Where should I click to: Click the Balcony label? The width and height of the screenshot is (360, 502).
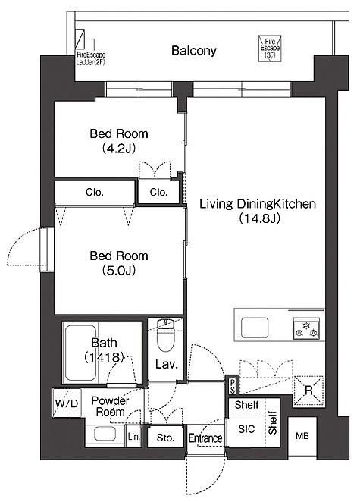[193, 51]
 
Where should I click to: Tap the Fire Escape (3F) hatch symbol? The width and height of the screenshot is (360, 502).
[270, 49]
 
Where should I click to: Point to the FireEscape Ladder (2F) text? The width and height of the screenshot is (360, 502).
[90, 58]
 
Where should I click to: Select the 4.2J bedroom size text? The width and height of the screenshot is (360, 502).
[119, 148]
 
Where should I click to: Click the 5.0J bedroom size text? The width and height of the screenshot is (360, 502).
[119, 271]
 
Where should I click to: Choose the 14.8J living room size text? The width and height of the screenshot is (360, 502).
[259, 218]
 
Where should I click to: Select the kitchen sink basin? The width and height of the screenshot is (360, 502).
[255, 328]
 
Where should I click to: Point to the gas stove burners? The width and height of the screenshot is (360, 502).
[306, 329]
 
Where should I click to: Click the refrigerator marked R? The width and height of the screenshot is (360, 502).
[308, 391]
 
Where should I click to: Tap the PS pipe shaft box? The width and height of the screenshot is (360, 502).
[233, 387]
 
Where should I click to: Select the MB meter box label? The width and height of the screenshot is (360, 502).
[302, 436]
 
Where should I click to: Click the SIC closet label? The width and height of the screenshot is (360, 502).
[246, 429]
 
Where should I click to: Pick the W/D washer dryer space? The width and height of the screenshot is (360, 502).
[66, 403]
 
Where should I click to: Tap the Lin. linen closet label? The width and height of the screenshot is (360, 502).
[133, 436]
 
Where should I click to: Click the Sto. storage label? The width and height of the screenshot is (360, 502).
[165, 438]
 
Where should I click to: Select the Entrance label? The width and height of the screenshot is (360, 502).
[205, 438]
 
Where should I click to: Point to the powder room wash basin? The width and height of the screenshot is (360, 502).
[105, 434]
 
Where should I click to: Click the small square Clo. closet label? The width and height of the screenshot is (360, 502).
[158, 192]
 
